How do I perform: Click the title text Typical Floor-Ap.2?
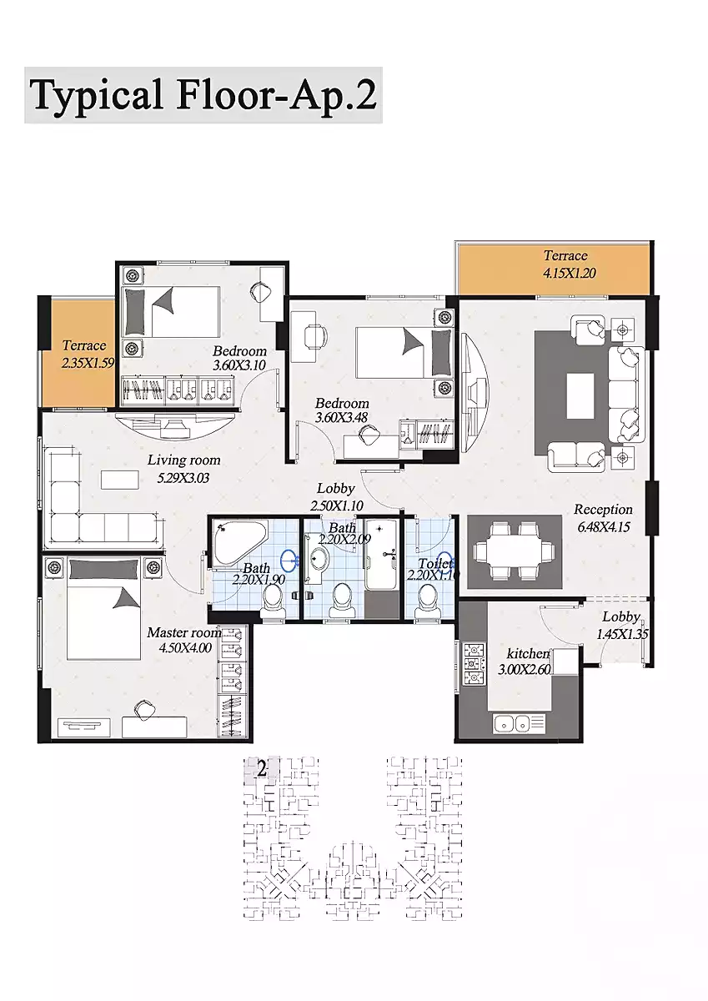[x=203, y=96]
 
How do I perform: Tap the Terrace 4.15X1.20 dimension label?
[x=569, y=273]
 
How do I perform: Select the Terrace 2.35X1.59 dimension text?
[x=88, y=362]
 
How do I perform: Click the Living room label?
[x=184, y=460]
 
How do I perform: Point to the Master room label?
[x=183, y=633]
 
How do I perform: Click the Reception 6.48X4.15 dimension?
[x=604, y=526]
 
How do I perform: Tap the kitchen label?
[x=528, y=653]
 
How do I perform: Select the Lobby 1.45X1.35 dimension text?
[x=622, y=634]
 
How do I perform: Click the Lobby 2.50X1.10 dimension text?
[x=337, y=506]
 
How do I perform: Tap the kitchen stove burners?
[x=474, y=665]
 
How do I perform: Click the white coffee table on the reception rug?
[x=580, y=396]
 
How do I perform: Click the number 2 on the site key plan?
[x=262, y=769]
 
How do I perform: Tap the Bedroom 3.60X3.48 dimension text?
[x=342, y=417]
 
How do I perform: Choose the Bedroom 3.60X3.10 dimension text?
[x=239, y=365]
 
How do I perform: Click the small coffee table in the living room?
[x=120, y=479]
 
